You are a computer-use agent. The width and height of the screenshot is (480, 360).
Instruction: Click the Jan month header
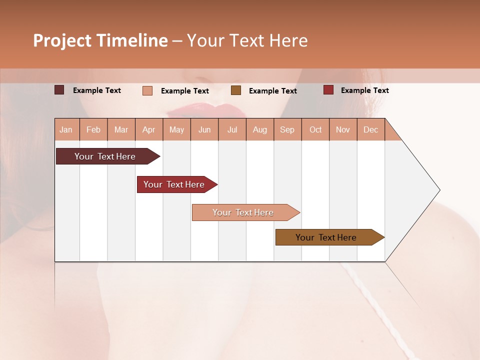coord(66,129)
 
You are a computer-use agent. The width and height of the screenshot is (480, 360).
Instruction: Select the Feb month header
coord(93,129)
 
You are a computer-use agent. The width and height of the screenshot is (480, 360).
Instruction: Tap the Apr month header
coord(148,129)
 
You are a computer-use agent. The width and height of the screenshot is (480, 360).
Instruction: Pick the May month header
coord(176,129)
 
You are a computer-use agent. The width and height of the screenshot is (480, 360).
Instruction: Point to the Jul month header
coord(232,129)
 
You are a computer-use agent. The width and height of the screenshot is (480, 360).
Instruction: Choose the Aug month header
coord(259,129)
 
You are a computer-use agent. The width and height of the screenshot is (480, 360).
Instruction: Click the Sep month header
coord(287,129)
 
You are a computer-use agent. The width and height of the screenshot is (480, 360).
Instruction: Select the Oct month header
coord(315,129)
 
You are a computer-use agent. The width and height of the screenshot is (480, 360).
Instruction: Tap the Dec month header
coord(370,129)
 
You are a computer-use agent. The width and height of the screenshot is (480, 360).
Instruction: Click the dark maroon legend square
coord(59,90)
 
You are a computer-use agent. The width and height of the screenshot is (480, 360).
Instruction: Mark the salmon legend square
coord(147,90)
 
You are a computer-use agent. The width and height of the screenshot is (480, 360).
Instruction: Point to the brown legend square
coord(236,90)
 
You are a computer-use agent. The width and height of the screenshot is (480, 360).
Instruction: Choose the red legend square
coord(328,90)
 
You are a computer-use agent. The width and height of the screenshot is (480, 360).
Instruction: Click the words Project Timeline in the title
coord(100,40)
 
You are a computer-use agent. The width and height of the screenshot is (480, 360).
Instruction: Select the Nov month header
coord(343,129)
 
